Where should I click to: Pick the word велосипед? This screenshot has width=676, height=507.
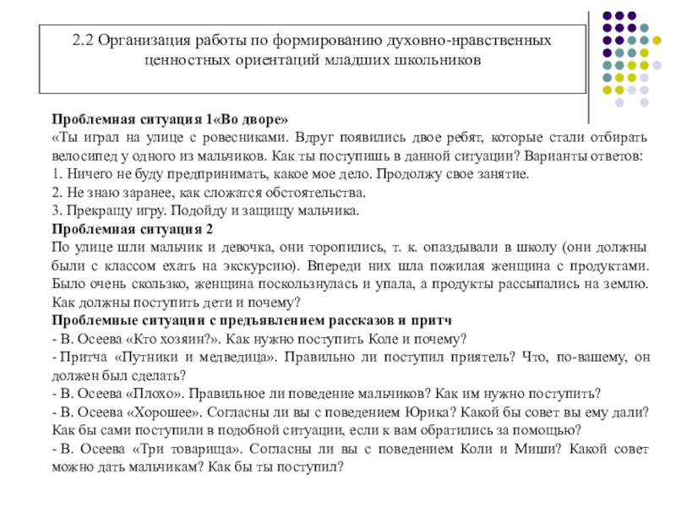[x=87, y=156]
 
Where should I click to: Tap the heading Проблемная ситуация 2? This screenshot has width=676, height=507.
[x=133, y=230]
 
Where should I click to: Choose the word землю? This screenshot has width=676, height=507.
[x=627, y=285]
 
